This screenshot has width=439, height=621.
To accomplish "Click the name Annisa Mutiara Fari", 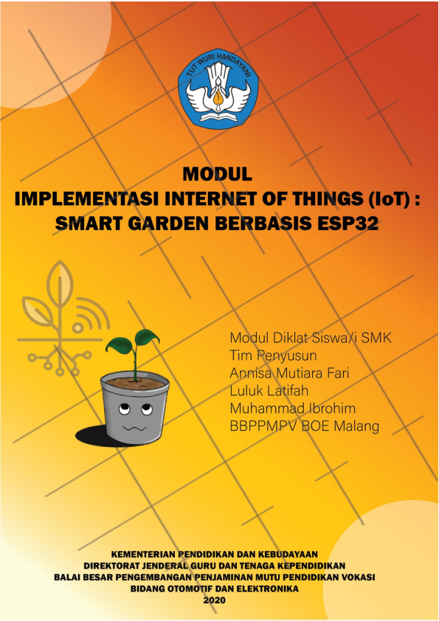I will [x=289, y=373].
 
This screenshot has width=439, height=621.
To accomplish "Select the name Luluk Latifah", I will [x=269, y=391].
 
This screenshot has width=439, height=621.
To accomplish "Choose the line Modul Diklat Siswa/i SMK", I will [x=311, y=338].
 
